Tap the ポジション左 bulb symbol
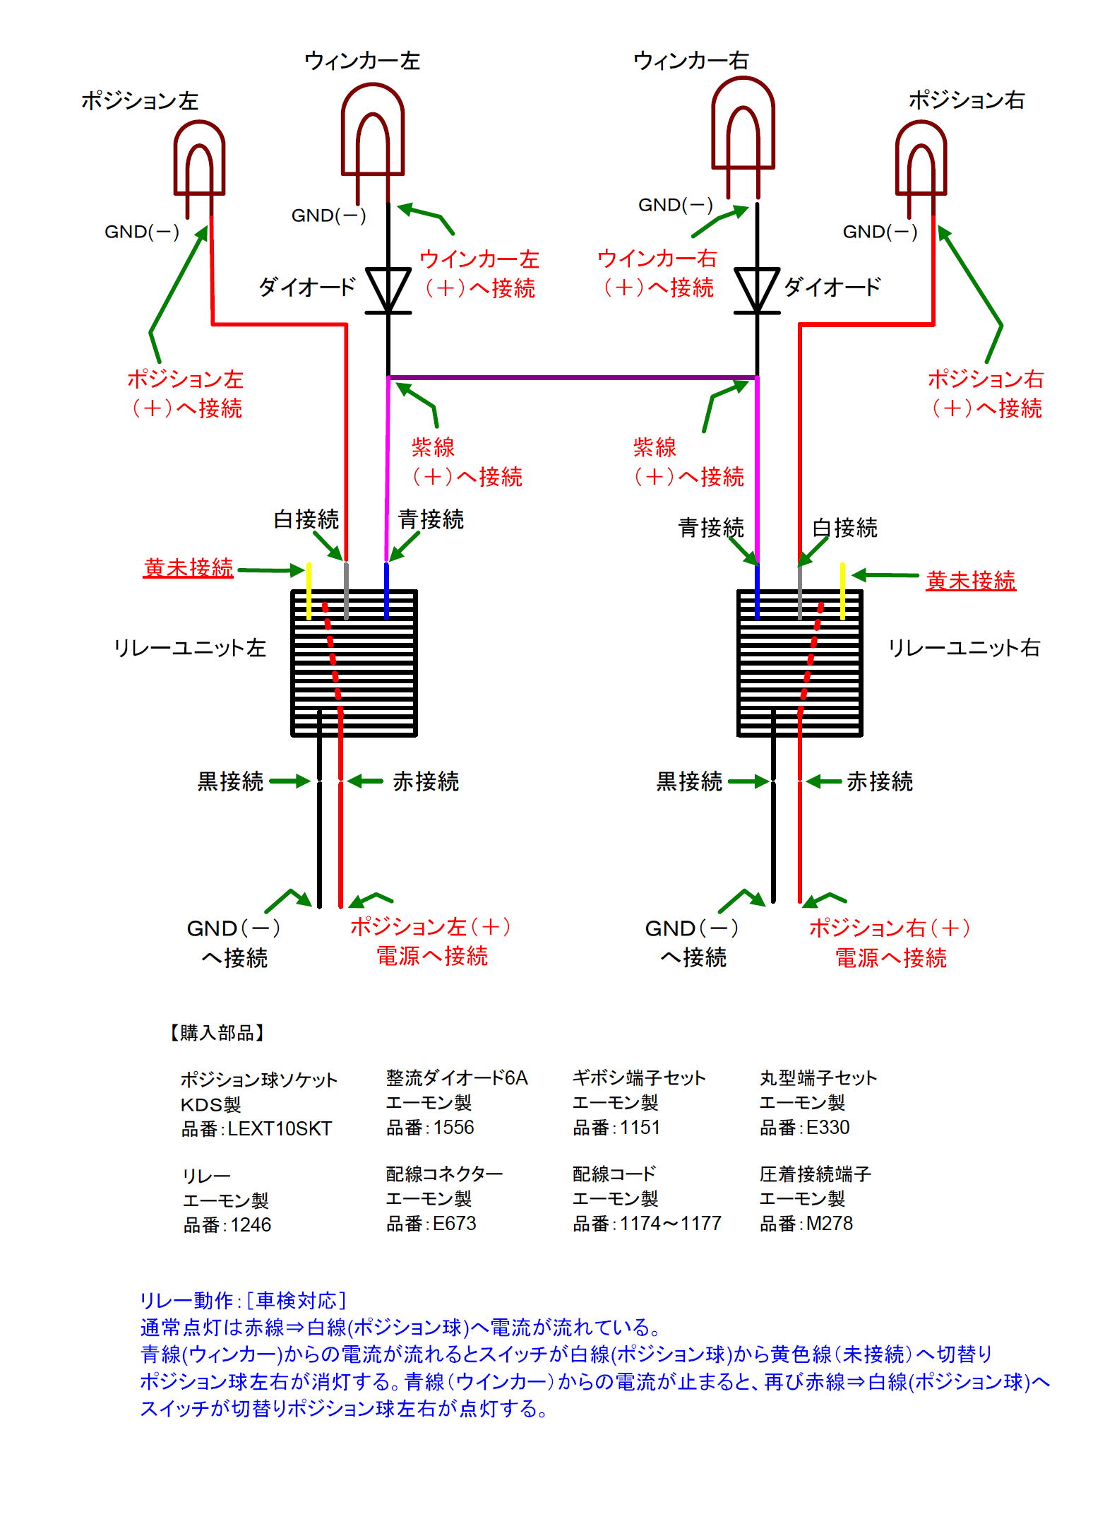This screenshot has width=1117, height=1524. click(199, 159)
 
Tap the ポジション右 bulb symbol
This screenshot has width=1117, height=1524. click(920, 159)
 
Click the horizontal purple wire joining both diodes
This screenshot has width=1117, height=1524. click(572, 377)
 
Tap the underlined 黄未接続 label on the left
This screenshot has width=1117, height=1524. click(188, 567)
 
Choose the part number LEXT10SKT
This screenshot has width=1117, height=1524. click(279, 1128)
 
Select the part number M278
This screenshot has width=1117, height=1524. click(829, 1223)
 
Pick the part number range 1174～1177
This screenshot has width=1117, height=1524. click(670, 1223)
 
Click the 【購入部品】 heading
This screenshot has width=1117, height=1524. click(217, 1032)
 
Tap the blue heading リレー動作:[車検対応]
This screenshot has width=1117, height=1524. click(243, 1299)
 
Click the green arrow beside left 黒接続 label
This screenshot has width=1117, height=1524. click(289, 781)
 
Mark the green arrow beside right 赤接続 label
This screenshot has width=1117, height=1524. click(823, 781)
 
